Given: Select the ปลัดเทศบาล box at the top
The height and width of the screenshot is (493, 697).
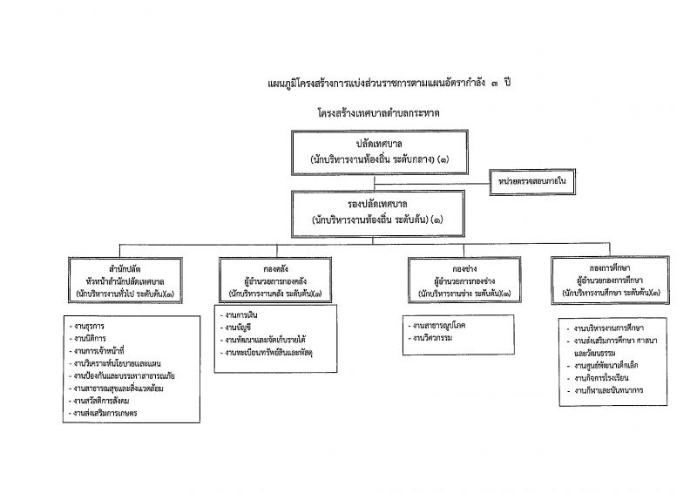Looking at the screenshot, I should [x=375, y=152].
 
